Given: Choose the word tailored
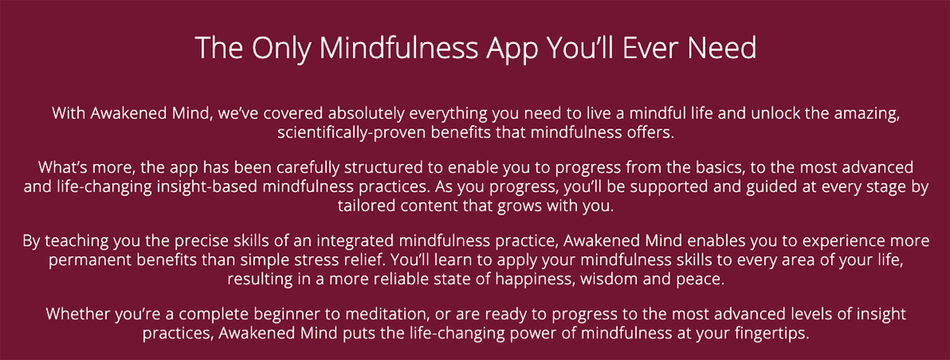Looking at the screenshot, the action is (x=363, y=206).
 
